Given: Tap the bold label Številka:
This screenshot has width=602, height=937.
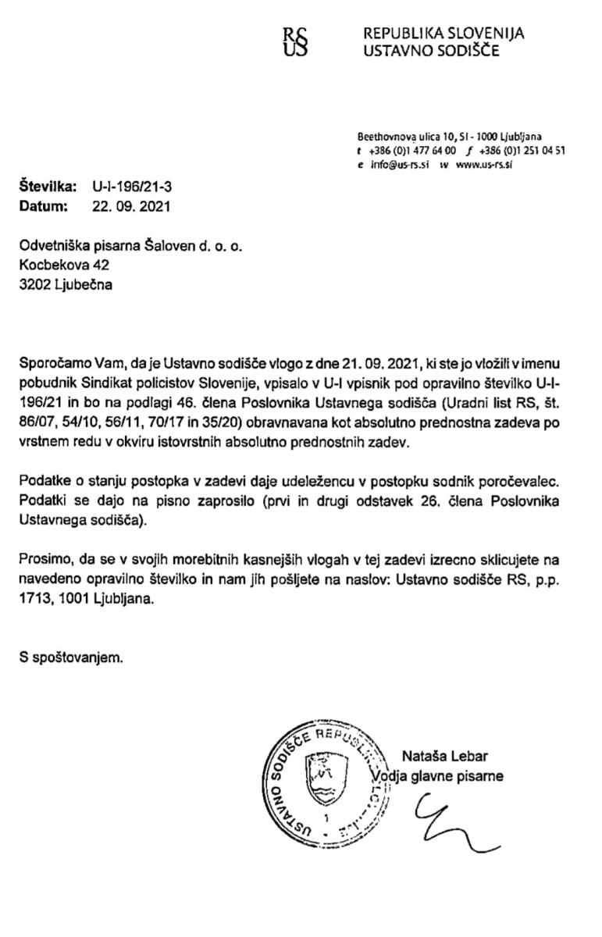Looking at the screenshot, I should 48,188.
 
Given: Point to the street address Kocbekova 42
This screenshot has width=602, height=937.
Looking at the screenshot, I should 65,265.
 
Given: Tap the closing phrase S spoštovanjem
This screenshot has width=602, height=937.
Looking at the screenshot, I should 71,657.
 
